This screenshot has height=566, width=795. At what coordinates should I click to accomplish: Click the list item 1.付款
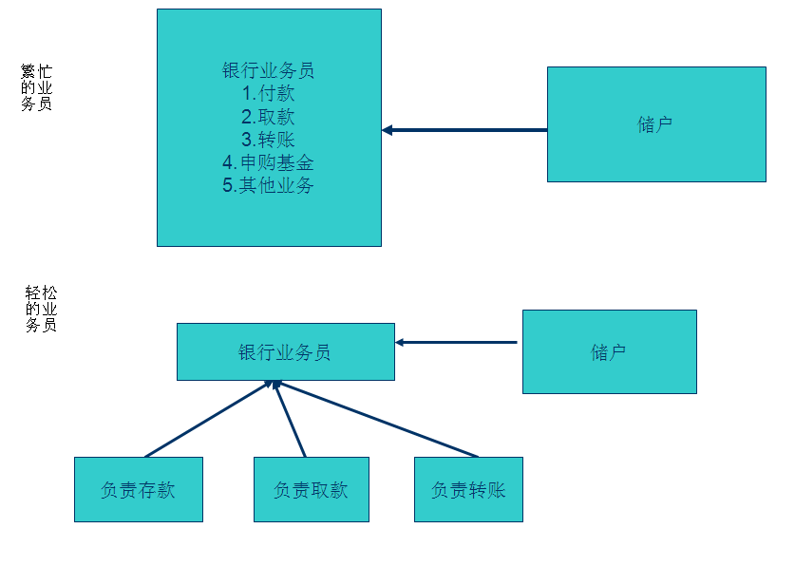coord(269,94)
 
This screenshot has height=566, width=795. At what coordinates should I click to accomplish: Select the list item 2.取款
coord(269,117)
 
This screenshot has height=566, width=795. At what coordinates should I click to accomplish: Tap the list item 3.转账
coord(269,140)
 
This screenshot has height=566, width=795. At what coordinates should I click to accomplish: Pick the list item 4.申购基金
coord(269,162)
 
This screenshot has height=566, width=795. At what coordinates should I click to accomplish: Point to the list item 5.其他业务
coord(269,185)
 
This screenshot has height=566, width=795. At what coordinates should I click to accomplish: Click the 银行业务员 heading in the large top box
coord(269,70)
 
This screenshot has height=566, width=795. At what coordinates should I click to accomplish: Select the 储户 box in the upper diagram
coord(655,124)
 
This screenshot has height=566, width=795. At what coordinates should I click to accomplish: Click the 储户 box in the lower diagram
coord(609,351)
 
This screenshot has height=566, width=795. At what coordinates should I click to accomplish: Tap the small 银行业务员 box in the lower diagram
coord(285,351)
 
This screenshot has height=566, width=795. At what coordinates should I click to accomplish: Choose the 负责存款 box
coord(138,489)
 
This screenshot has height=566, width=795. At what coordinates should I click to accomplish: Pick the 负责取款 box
coord(311,489)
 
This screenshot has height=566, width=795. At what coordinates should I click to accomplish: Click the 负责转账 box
coord(468,489)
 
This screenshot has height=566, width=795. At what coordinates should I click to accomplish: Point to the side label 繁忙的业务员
coord(37,87)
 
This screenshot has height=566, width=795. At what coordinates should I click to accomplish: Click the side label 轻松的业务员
coord(41,309)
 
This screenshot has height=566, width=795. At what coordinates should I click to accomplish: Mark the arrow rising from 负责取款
coord(291,419)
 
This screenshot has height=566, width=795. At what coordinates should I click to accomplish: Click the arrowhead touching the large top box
coord(388,130)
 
